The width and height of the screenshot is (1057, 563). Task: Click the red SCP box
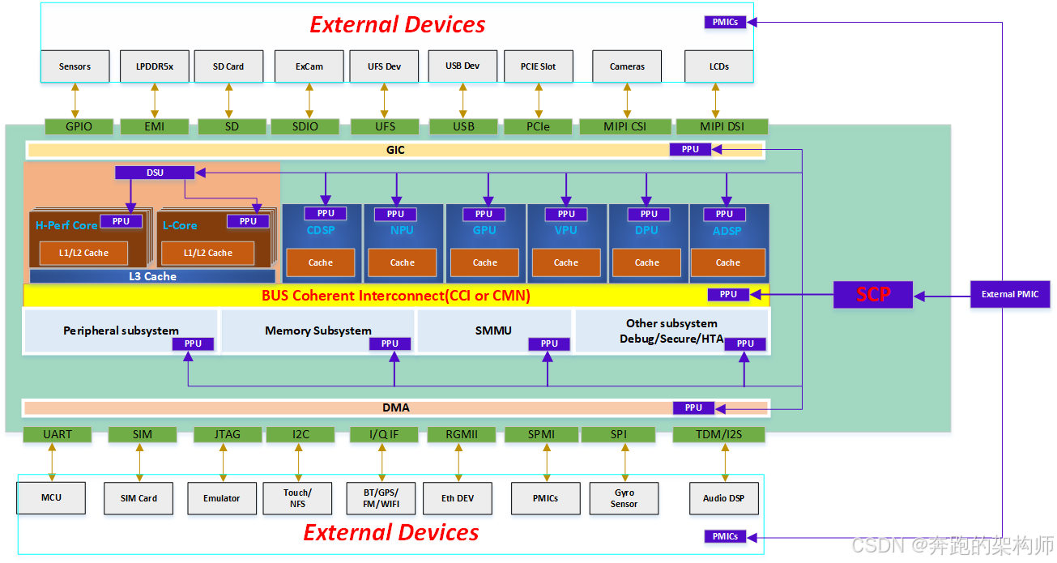click(x=873, y=295)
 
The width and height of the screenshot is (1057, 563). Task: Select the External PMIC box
click(x=1010, y=294)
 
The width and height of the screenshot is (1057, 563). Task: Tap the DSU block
click(x=155, y=173)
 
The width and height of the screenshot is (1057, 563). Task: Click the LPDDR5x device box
click(x=155, y=66)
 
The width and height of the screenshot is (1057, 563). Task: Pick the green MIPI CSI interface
click(x=624, y=126)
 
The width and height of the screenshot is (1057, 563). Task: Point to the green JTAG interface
click(x=227, y=434)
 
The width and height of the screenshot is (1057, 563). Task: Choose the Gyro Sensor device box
click(x=624, y=497)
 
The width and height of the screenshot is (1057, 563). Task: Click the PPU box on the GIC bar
click(x=690, y=149)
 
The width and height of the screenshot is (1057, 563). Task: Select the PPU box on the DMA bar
click(x=693, y=407)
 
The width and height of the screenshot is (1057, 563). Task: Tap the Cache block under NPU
click(x=403, y=262)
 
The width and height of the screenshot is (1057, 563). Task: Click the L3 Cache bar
click(x=152, y=276)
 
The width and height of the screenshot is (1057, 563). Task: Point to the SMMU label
click(x=493, y=331)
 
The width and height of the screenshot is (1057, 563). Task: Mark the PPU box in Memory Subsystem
click(x=390, y=343)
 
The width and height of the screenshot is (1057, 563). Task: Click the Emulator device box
click(x=222, y=498)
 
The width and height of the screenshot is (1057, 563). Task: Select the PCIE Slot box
click(x=539, y=66)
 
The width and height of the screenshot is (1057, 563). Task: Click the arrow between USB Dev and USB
click(x=463, y=100)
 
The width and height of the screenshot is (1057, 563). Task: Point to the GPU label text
click(x=484, y=230)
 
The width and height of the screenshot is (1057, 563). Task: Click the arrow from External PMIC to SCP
click(x=942, y=296)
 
